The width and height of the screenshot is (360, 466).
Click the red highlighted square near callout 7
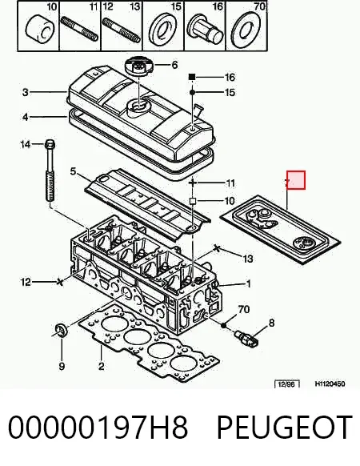coord(296,180)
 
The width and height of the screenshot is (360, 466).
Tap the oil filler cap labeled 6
coord(139,67)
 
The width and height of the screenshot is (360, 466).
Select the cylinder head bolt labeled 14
coord(50,171)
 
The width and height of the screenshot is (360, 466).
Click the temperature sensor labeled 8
coord(246,339)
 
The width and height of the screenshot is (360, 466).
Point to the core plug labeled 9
coord(62,329)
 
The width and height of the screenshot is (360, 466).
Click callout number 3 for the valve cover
coord(26,92)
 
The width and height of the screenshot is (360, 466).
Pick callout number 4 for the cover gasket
coord(26,117)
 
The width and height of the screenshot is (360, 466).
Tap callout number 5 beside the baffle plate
coord(73,171)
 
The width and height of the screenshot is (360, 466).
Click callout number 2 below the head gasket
coord(102,366)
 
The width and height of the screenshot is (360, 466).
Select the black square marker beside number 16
coord(192,78)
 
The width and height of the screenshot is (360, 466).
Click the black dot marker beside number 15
coord(192,93)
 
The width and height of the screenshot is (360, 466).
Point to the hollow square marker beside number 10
coord(193,202)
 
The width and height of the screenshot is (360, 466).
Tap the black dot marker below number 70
coord(224,326)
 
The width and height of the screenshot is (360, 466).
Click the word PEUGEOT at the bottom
coord(284,427)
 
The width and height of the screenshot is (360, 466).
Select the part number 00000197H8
coord(98,427)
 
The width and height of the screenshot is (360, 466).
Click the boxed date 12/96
coord(286,384)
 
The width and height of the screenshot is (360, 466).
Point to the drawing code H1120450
coord(330,384)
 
